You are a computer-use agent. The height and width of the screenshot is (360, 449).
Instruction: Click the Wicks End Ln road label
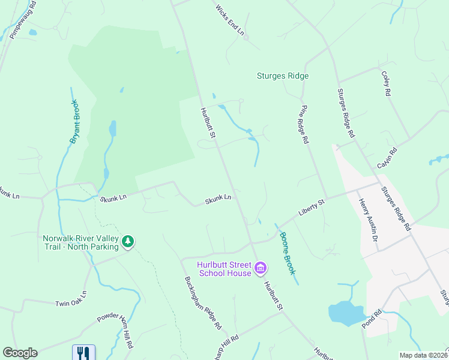pyautogui.click(x=230, y=20)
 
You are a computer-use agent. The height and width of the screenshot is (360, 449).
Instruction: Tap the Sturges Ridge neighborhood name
pyautogui.click(x=283, y=76)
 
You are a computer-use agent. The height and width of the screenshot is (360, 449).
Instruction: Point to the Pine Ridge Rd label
pyautogui.click(x=304, y=124)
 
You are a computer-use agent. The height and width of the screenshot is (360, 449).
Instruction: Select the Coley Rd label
pyautogui.click(x=386, y=85)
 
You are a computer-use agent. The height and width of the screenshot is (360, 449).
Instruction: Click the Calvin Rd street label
pyautogui.click(x=388, y=158)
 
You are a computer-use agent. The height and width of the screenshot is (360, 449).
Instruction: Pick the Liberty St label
pyautogui.click(x=312, y=209)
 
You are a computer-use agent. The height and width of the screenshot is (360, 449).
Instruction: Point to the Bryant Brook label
pyautogui.click(x=74, y=122)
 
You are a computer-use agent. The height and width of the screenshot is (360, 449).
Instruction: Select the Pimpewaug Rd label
pyautogui.click(x=23, y=20)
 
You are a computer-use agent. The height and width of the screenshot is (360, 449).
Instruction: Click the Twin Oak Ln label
pyautogui.click(x=71, y=299)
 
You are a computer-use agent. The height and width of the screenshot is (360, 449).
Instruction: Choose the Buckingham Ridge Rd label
pyautogui.click(x=203, y=303)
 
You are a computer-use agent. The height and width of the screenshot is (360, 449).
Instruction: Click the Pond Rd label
pyautogui.click(x=372, y=317)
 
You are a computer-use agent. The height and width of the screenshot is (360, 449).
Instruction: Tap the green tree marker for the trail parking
pyautogui.click(x=128, y=242)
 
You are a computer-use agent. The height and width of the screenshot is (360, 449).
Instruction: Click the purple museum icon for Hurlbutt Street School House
pyautogui.click(x=261, y=268)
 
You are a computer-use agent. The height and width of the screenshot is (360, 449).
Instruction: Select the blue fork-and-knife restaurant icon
pyautogui.click(x=83, y=353)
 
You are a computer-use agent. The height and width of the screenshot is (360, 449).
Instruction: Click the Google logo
pyautogui.click(x=20, y=353)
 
